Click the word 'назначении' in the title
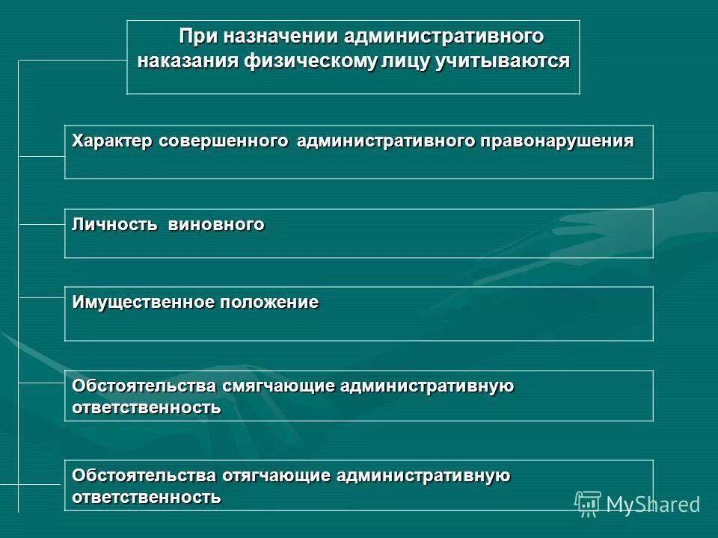tap(274, 37)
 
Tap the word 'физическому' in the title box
tap(305, 61)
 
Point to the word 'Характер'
tap(112, 141)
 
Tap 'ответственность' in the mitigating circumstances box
tap(147, 408)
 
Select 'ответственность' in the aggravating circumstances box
tap(147, 497)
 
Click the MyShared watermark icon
tap(588, 503)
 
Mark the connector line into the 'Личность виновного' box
tap(41, 224)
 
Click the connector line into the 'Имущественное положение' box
tap(41, 298)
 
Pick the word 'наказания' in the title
tap(187, 61)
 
